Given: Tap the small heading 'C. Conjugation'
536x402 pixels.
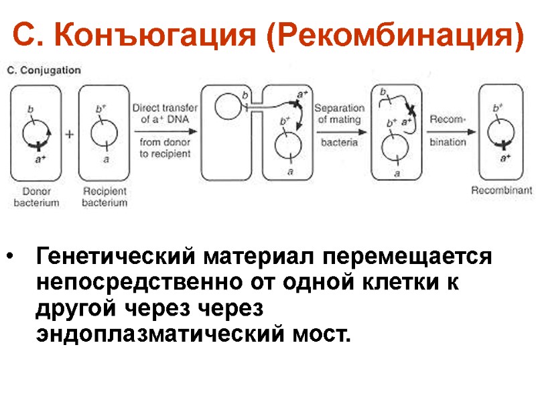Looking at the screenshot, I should click(x=44, y=70).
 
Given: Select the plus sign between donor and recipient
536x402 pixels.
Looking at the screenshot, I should click(x=69, y=134).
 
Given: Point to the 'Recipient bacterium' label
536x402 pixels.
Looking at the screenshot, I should click(x=105, y=196).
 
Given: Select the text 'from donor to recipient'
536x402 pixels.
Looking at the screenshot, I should click(x=165, y=147).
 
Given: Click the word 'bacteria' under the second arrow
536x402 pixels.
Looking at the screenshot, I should click(x=339, y=142).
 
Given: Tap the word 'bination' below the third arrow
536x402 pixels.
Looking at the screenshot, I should click(x=447, y=142).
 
